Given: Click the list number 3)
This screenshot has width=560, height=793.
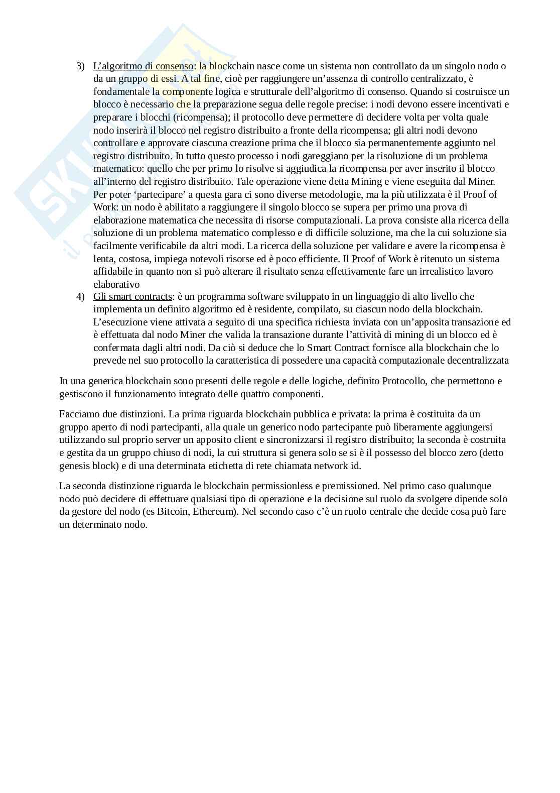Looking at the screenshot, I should [x=80, y=66].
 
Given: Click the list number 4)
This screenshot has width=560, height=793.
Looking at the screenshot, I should [x=80, y=297].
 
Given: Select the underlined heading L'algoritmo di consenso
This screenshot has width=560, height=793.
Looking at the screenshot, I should [x=143, y=66].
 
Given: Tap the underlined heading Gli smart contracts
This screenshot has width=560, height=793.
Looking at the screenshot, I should [x=132, y=297].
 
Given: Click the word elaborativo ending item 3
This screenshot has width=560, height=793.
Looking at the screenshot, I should [x=116, y=284].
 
